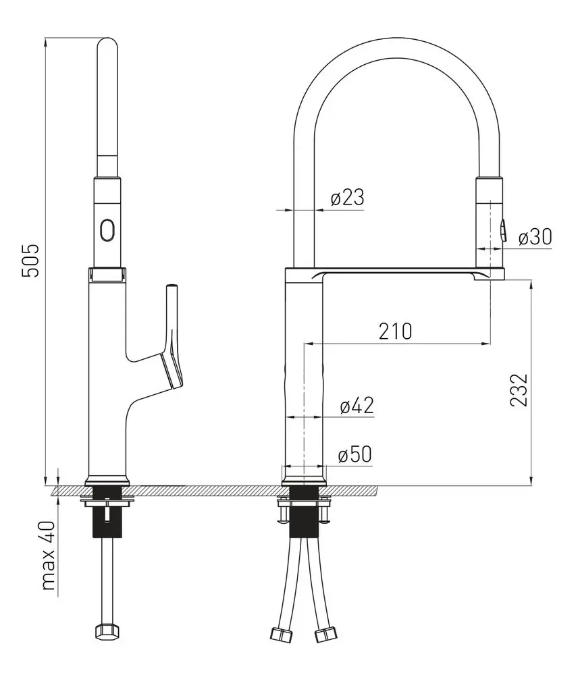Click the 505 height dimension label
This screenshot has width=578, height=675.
pos(31,261)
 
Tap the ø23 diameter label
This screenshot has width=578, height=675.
pos(347,198)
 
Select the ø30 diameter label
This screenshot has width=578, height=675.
pos(535,237)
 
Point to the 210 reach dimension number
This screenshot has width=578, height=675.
pos(396,331)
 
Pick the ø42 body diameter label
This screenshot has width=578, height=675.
pos(357,406)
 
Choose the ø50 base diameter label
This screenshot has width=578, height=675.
pos(354,454)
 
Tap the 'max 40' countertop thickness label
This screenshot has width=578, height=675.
pos(48,556)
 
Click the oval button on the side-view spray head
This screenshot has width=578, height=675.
pos(107,230)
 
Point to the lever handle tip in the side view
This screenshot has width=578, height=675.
pos(172,285)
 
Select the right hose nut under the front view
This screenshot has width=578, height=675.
pos(325,634)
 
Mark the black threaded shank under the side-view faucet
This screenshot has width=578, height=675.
pos(107,512)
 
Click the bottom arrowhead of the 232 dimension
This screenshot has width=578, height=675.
pos(532,481)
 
